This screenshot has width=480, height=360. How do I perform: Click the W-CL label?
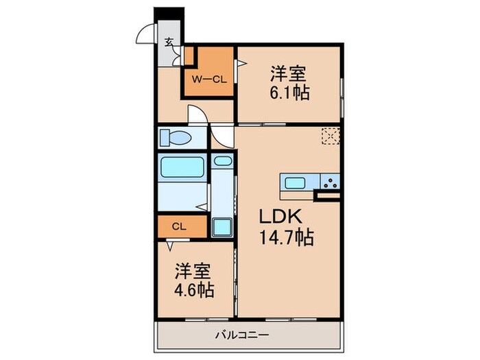[208, 79]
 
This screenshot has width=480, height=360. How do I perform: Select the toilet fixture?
[177, 138]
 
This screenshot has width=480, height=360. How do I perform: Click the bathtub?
[182, 167]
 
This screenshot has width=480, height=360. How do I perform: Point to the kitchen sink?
[296, 182]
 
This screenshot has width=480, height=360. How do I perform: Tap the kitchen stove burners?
[329, 182]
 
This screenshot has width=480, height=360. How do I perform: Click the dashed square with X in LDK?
[331, 136]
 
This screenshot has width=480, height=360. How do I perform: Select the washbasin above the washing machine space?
[221, 163]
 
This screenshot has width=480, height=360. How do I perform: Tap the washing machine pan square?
[221, 226]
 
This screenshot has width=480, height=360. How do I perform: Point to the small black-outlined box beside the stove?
[328, 196]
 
